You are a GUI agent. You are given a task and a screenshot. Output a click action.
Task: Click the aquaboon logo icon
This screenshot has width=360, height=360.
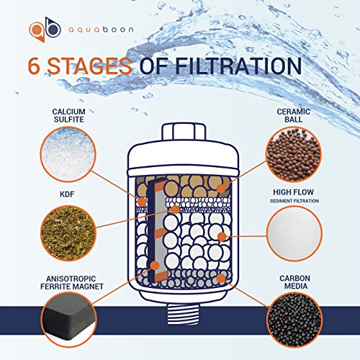(x=45, y=30)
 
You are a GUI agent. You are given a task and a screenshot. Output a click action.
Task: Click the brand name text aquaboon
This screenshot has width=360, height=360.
(x=101, y=30)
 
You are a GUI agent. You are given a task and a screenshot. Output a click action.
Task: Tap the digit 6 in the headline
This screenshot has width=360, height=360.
(x=34, y=66)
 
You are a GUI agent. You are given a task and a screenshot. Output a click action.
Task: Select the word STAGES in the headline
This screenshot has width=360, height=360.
(x=89, y=66)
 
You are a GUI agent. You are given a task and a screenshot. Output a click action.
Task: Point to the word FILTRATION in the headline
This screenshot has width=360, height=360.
(x=238, y=66)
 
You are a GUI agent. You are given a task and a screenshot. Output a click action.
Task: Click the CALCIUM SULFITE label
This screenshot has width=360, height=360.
(x=69, y=115)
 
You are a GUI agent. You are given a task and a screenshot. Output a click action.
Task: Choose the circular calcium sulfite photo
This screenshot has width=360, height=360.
(x=68, y=155)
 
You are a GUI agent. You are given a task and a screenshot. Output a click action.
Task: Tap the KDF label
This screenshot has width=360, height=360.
(x=67, y=194)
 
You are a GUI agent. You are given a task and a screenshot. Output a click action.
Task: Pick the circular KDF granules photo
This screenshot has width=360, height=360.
(x=68, y=233)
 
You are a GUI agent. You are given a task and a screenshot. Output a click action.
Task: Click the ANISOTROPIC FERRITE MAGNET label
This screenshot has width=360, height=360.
(x=72, y=282)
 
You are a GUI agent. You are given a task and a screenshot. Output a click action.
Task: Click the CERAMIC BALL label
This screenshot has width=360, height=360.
(x=293, y=115)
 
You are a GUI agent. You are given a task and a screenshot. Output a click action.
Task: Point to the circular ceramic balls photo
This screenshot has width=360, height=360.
(x=294, y=155)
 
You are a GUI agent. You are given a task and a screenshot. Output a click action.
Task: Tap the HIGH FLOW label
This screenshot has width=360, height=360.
(x=293, y=192)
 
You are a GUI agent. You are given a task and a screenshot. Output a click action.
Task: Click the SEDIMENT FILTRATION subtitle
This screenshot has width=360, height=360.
(x=294, y=201)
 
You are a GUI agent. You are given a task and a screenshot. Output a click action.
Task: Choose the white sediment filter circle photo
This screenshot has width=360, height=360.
(x=294, y=234)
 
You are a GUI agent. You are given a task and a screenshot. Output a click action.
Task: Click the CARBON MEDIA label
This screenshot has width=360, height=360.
(x=294, y=282)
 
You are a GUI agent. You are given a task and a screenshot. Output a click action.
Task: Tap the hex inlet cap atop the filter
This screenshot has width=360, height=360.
(x=184, y=132)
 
